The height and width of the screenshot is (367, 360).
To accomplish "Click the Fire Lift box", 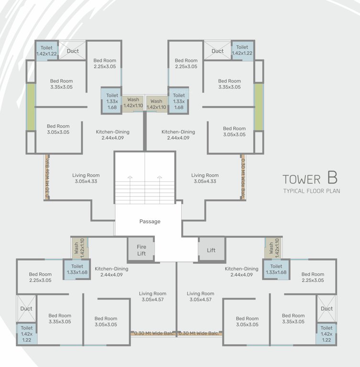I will click(142, 250).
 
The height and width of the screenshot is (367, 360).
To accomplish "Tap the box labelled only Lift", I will click(211, 250).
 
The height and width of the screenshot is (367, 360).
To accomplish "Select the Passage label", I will click(150, 221).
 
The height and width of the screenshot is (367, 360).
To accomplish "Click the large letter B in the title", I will click(332, 178).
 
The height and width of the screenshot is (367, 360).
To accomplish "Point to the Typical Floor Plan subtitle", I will click(310, 191).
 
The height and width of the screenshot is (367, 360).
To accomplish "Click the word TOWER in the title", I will click(301, 180).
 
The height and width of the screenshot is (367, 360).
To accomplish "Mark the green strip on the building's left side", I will click(31, 107).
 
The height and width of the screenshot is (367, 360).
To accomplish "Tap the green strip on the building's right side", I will click(259, 107).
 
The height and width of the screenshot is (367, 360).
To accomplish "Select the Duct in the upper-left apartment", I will click(73, 51).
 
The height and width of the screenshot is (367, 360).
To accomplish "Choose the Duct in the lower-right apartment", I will click(327, 309).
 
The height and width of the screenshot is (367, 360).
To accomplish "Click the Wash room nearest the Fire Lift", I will click(76, 248).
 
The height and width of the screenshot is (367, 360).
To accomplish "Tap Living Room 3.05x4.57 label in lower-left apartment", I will click(153, 296).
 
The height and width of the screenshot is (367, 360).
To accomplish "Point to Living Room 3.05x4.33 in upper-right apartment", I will click(205, 178).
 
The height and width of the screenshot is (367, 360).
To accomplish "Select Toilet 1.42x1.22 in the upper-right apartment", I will click(242, 50).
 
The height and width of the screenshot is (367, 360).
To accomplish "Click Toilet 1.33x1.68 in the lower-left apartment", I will click(77, 269).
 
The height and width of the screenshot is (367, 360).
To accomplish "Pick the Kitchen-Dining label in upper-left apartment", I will click(112, 135).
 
